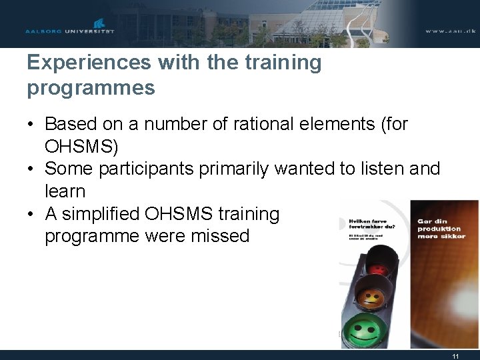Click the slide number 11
click(x=455, y=356)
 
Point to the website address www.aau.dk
click(x=450, y=31)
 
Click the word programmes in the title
click(x=91, y=87)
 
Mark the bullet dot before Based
click(x=31, y=125)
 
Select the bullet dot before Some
click(x=31, y=169)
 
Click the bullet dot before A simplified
click(x=31, y=215)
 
